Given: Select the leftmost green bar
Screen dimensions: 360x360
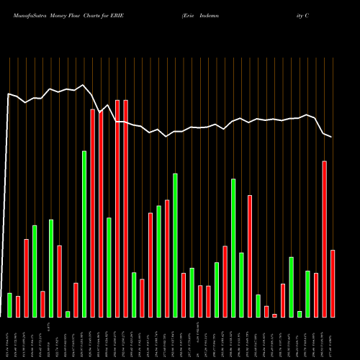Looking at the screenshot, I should (9, 305).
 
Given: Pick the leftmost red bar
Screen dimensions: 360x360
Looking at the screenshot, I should (18, 307).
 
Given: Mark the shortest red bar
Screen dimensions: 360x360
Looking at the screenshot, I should (274, 315).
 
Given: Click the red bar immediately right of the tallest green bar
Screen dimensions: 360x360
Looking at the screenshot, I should (92, 213).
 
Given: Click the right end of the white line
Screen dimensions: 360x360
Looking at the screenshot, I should (331, 137).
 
